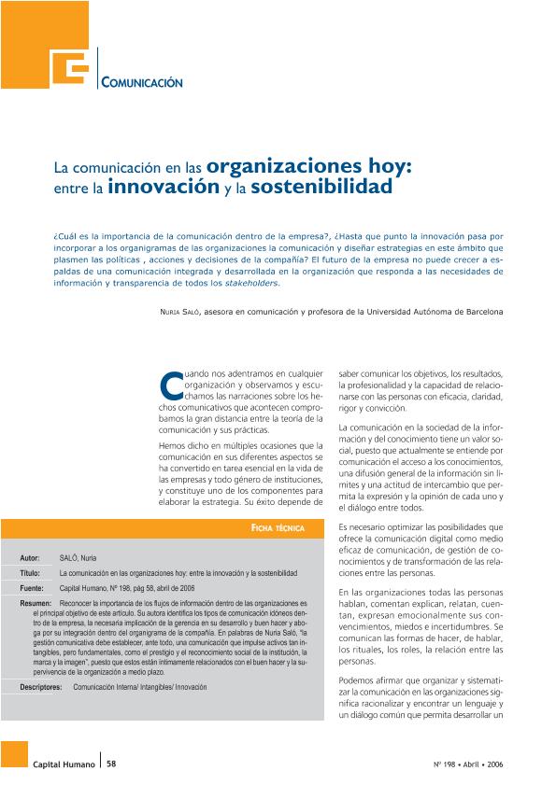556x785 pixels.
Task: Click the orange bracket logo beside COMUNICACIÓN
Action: coord(72,65)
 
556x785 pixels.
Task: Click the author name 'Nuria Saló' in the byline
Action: coord(180,309)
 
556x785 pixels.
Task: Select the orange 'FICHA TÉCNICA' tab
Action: coord(278,528)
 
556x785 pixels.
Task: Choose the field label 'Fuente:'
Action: coord(32,589)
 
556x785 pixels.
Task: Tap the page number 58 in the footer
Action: coord(111,764)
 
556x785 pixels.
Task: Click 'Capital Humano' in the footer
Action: coord(64,764)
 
